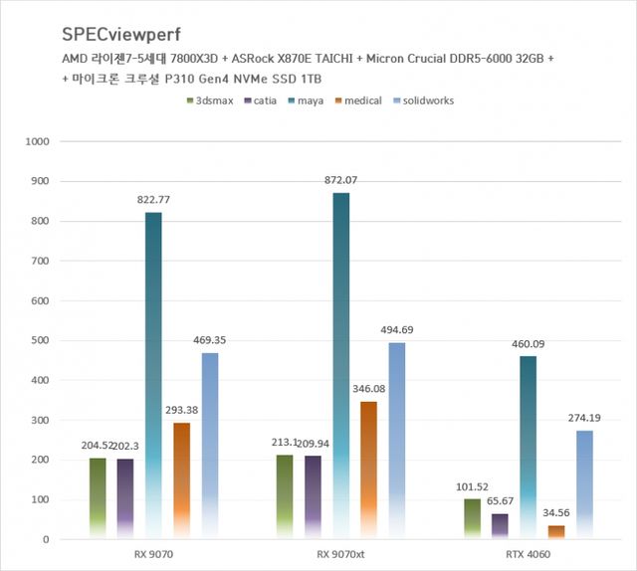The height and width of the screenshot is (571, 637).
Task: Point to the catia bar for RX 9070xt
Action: coord(313,497)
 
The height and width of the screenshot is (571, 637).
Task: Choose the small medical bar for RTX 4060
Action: coord(556,532)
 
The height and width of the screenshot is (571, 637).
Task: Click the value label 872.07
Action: coord(340,180)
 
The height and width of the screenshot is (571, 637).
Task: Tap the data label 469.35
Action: coord(209,340)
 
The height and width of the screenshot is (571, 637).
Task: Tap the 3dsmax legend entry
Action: coord(211,100)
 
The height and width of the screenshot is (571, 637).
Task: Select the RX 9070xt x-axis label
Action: coord(340,554)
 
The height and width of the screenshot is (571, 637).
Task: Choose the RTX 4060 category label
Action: coord(528,554)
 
